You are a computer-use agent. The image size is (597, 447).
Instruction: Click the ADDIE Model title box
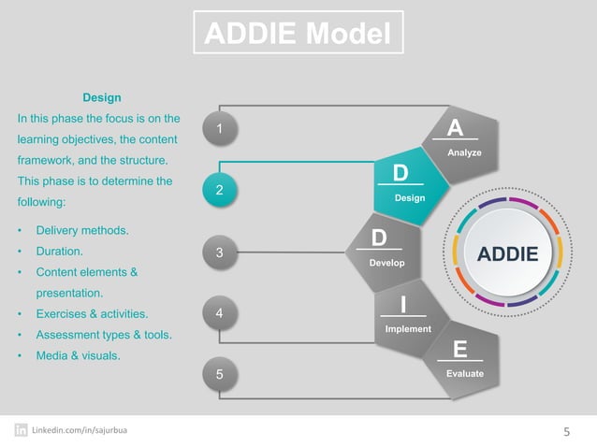click(x=298, y=35)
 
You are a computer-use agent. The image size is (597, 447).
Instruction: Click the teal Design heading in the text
click(x=102, y=97)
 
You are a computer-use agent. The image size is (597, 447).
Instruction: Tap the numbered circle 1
click(x=219, y=128)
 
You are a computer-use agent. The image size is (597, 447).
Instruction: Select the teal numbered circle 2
click(x=219, y=190)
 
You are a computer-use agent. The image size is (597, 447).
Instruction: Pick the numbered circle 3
click(x=219, y=252)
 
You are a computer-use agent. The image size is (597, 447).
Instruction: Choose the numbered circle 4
click(x=219, y=313)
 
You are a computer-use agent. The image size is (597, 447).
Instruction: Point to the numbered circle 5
click(x=219, y=374)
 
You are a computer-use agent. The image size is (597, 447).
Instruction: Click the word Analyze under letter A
click(x=465, y=151)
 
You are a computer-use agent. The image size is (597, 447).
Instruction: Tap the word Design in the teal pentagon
click(x=410, y=198)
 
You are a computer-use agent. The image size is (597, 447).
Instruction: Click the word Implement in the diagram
click(x=408, y=328)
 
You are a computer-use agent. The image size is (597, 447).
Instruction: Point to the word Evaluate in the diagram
click(x=465, y=373)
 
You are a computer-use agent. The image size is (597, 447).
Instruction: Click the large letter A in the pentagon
click(x=455, y=128)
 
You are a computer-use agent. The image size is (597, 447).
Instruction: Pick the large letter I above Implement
click(x=402, y=306)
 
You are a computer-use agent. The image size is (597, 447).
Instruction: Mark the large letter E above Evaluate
click(x=459, y=350)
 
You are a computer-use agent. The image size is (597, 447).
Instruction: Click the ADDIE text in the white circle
click(x=508, y=254)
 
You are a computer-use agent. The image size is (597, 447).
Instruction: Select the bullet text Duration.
click(x=60, y=252)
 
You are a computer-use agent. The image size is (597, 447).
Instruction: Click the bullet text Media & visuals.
click(x=78, y=355)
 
